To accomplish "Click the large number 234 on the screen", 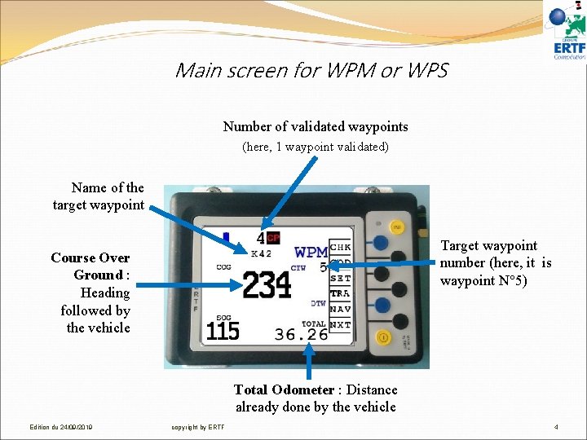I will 267,285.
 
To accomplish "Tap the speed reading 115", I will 223,330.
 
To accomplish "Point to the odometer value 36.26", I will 301,334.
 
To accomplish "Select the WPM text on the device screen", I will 311,252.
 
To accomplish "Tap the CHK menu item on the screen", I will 341,246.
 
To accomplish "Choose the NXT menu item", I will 341,324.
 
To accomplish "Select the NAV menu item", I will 341,309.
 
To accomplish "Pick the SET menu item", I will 341,278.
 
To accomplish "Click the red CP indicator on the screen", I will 273,238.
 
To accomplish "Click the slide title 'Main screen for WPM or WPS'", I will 311,70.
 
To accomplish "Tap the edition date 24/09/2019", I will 61,427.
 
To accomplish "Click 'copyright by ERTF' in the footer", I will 198,427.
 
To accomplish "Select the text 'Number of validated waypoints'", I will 316,126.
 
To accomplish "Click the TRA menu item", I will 341,293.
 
